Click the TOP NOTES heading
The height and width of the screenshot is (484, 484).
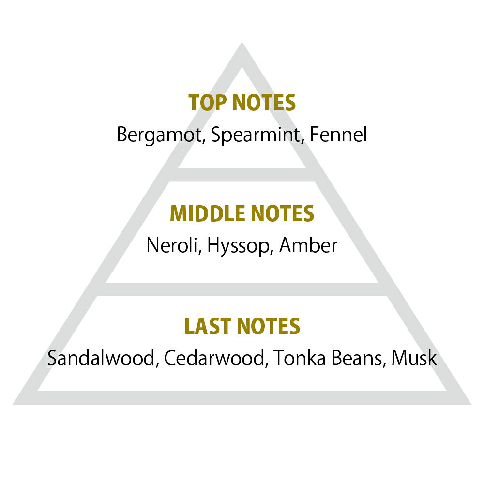tap(242, 103)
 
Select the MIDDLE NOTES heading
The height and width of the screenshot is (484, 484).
tap(242, 213)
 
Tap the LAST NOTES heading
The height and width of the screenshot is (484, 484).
tap(242, 326)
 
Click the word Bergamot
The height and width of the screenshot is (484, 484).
tap(159, 135)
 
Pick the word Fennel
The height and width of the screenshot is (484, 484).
tap(338, 134)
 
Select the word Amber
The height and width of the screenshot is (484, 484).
tap(308, 245)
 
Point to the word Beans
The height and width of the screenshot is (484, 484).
tap(359, 358)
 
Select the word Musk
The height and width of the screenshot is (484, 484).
tap(414, 358)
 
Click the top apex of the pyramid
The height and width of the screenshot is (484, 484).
tap(242, 42)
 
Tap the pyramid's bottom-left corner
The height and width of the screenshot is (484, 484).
tap(13, 404)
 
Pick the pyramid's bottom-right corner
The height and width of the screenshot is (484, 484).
tap(471, 404)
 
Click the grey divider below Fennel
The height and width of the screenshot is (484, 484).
tap(242, 175)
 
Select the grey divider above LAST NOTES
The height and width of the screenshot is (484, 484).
tap(242, 289)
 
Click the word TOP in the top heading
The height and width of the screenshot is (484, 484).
tap(208, 103)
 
